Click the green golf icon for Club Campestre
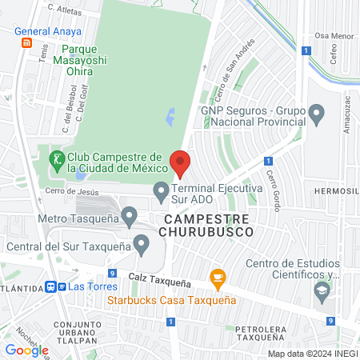tap(56, 159)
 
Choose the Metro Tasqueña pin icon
tap(130, 214)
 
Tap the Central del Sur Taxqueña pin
tap(142, 241)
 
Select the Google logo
tap(26, 350)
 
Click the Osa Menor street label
tap(333, 36)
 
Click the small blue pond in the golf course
tap(170, 118)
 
